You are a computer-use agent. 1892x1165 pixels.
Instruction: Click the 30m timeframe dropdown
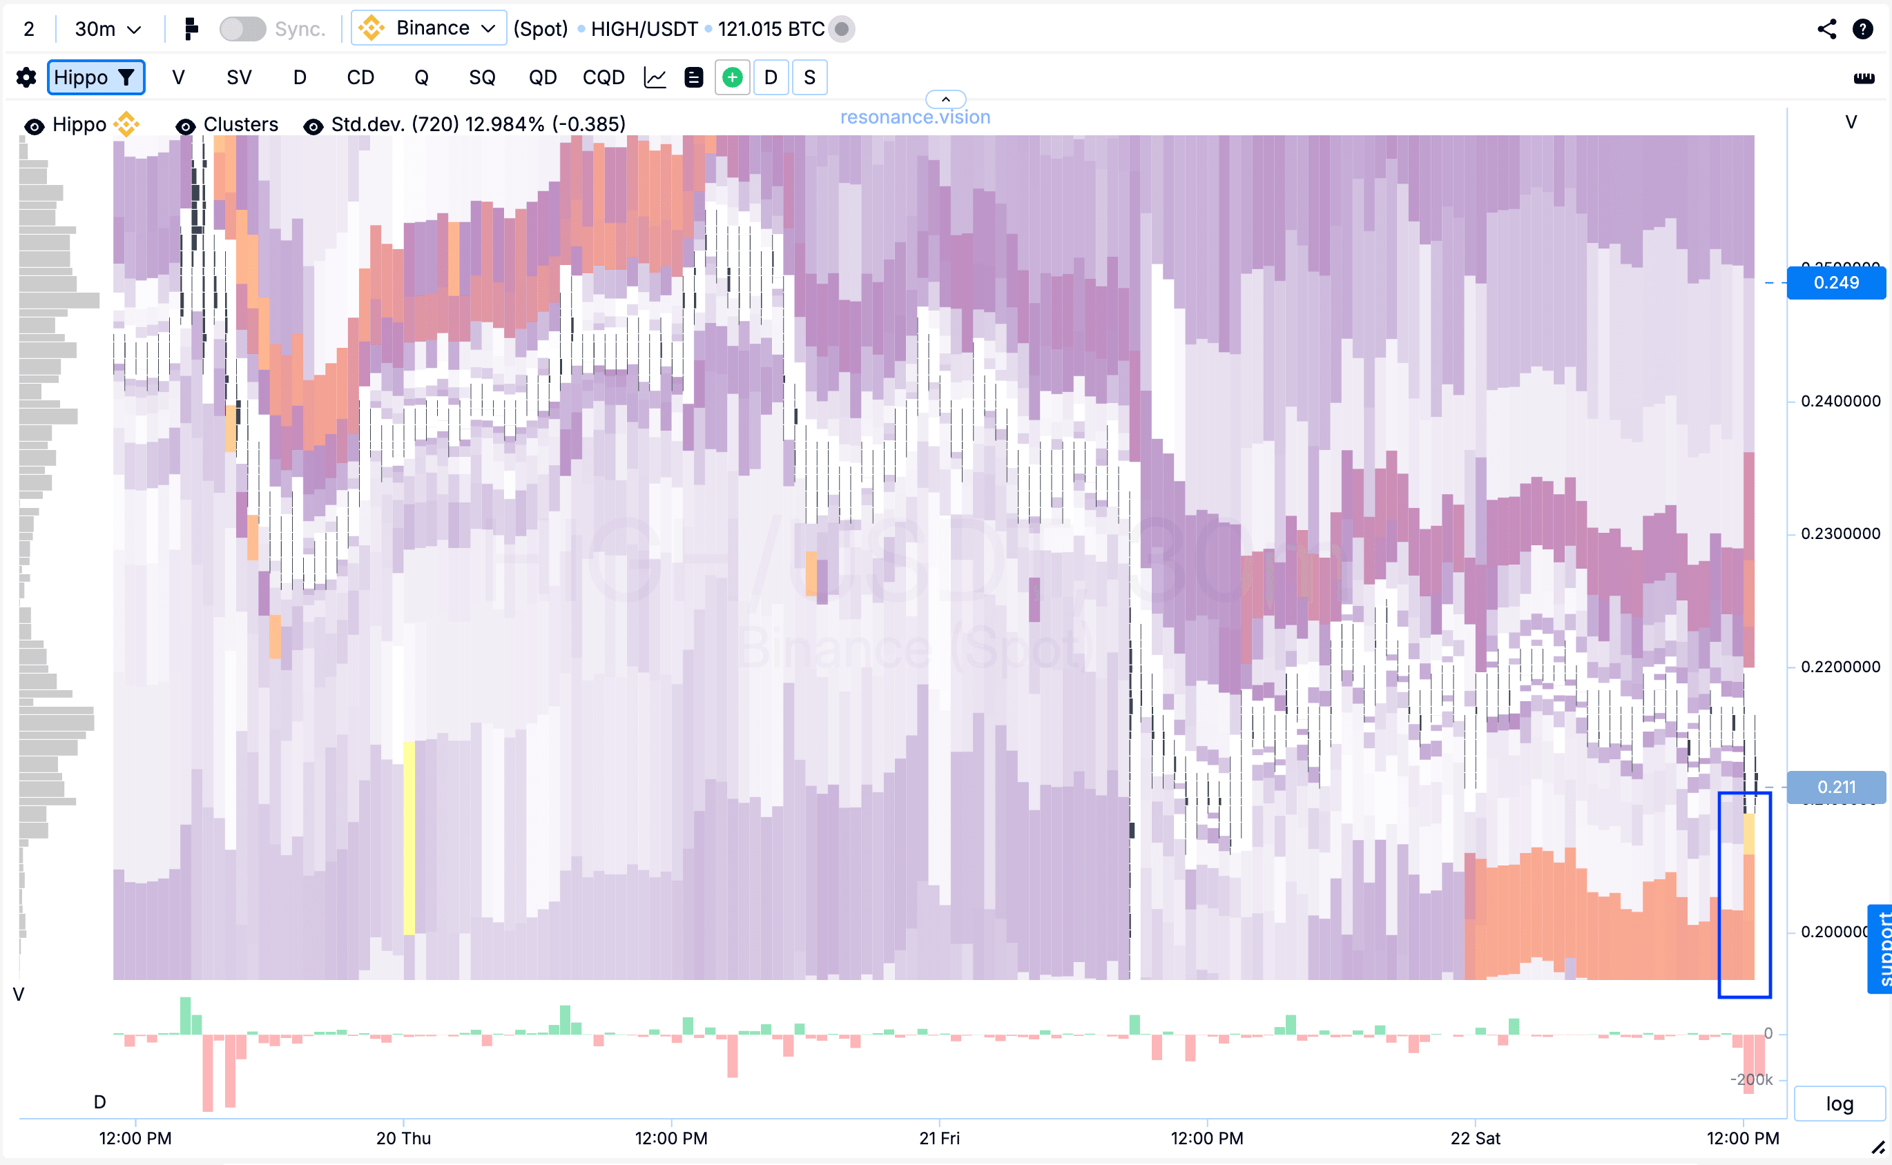pos(107,29)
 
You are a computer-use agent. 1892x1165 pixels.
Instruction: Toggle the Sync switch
pos(242,29)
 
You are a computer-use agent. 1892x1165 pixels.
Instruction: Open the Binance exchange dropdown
pos(429,28)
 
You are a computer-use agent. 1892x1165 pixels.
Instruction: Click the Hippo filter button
pos(95,78)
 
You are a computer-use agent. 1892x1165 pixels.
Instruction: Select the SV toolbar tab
pos(239,78)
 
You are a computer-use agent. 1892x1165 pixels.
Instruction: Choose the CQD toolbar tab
pos(603,78)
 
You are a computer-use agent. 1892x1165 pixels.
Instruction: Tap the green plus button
pos(732,78)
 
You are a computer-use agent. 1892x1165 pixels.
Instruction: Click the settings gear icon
pos(26,78)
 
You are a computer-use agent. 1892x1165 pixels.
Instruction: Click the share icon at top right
pos(1826,29)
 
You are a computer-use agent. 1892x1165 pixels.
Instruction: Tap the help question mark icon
pos(1863,29)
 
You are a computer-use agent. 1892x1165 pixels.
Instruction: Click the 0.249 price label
pos(1836,283)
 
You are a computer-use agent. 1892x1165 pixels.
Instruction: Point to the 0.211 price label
pos(1836,787)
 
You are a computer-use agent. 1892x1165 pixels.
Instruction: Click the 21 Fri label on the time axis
pos(940,1138)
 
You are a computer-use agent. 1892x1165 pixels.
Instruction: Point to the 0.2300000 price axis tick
pos(1840,533)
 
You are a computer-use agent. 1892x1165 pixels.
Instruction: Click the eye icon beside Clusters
pos(185,126)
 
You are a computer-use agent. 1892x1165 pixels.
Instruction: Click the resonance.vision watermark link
pos(915,117)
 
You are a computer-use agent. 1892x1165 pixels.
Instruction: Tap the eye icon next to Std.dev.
pos(313,126)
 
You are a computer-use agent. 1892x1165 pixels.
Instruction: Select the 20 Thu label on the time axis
pos(403,1138)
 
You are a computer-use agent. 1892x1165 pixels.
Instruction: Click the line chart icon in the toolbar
pos(655,78)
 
